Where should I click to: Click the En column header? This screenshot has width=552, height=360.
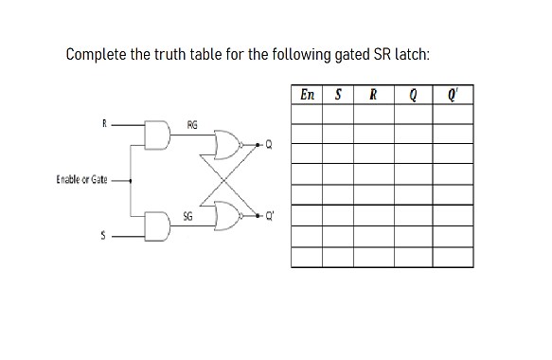(x=308, y=96)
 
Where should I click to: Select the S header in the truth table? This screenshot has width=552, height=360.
(x=338, y=96)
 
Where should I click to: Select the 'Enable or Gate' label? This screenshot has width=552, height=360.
(x=82, y=179)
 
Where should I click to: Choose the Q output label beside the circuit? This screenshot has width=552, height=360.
(x=269, y=145)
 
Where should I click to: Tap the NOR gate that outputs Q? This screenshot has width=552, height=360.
(x=230, y=145)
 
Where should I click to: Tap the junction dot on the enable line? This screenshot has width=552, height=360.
(x=130, y=179)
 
